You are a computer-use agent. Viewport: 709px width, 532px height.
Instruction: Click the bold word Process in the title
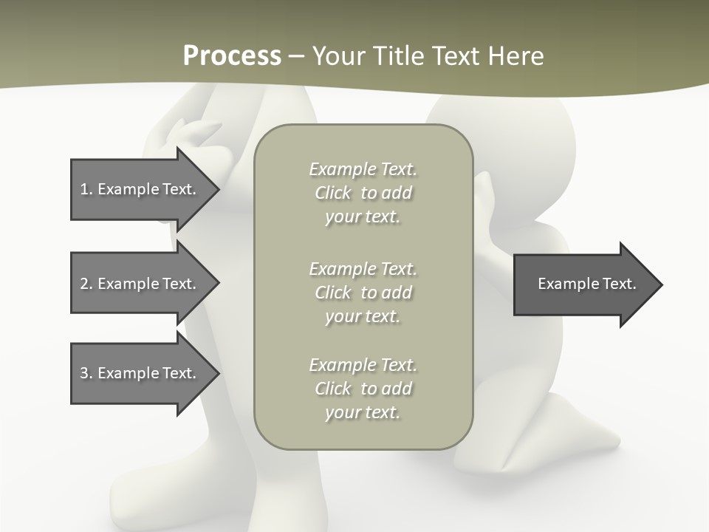point(232,56)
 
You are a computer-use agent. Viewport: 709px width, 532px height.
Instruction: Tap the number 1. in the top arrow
point(86,189)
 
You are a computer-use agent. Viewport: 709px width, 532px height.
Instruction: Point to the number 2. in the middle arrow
point(86,284)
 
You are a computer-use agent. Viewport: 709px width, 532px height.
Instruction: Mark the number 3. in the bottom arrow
point(86,373)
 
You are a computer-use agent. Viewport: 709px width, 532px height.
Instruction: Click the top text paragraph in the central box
point(363,193)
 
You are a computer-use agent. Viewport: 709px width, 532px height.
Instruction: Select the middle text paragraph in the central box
point(363,292)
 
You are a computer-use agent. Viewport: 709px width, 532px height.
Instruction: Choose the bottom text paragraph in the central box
point(363,389)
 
